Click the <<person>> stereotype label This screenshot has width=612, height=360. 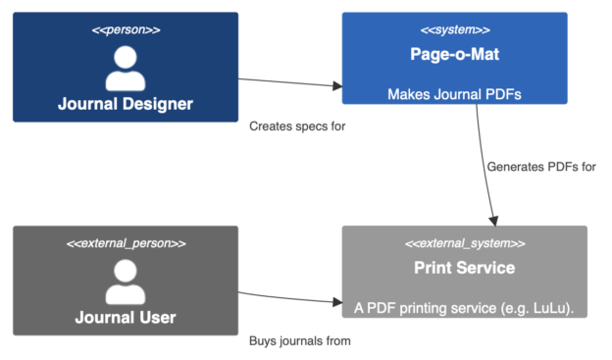click(x=125, y=29)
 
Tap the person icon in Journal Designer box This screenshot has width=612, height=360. click(x=125, y=69)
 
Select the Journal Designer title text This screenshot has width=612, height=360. click(x=125, y=104)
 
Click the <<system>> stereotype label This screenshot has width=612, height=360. click(x=454, y=29)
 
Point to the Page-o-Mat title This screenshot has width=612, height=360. click(x=454, y=55)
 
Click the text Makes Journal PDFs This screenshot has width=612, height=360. click(x=454, y=95)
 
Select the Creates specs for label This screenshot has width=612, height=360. click(x=297, y=127)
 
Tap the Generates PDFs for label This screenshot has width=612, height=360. click(x=541, y=167)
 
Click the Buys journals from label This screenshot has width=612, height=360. click(x=299, y=341)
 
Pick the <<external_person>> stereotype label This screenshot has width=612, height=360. click(x=125, y=243)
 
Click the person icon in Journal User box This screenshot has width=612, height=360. click(x=125, y=283)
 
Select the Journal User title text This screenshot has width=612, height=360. click(x=125, y=318)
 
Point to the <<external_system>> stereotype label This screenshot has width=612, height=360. click(x=464, y=243)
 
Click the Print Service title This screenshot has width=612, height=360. click(x=464, y=268)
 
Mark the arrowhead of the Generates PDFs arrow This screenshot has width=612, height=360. click(x=495, y=219)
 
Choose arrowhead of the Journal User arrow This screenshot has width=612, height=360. click(x=335, y=301)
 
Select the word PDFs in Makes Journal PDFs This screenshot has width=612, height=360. click(x=503, y=95)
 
